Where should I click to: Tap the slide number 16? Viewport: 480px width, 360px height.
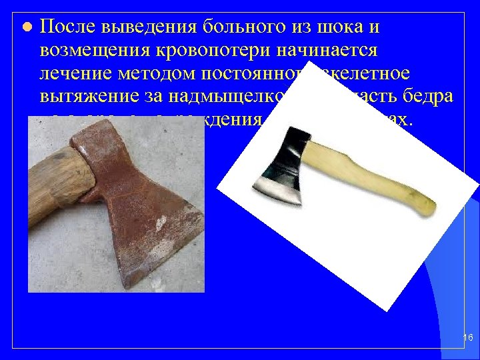click(467, 339)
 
